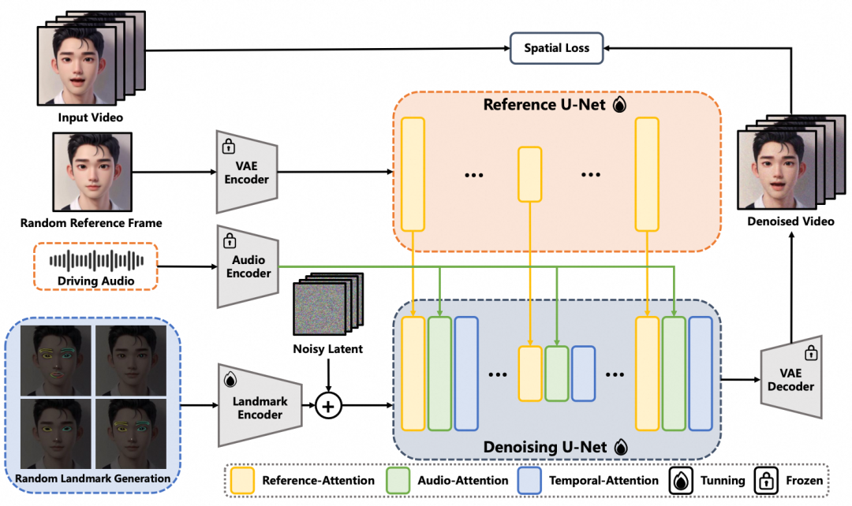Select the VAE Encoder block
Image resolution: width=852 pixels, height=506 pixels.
[246, 171]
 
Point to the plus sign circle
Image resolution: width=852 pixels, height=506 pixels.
[328, 407]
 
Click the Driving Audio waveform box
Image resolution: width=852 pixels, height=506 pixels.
[95, 266]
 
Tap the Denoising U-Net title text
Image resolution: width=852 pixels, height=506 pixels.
[545, 447]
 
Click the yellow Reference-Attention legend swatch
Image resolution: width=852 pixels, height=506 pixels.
[241, 480]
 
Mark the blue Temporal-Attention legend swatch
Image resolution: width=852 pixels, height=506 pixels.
[530, 480]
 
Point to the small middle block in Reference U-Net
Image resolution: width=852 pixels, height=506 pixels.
[529, 174]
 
